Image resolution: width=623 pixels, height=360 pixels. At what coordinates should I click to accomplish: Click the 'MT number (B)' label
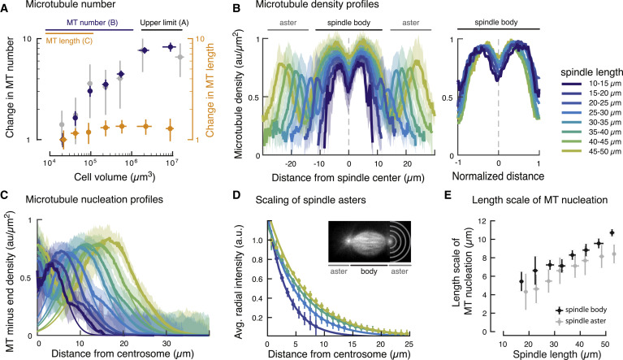click(93, 24)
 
